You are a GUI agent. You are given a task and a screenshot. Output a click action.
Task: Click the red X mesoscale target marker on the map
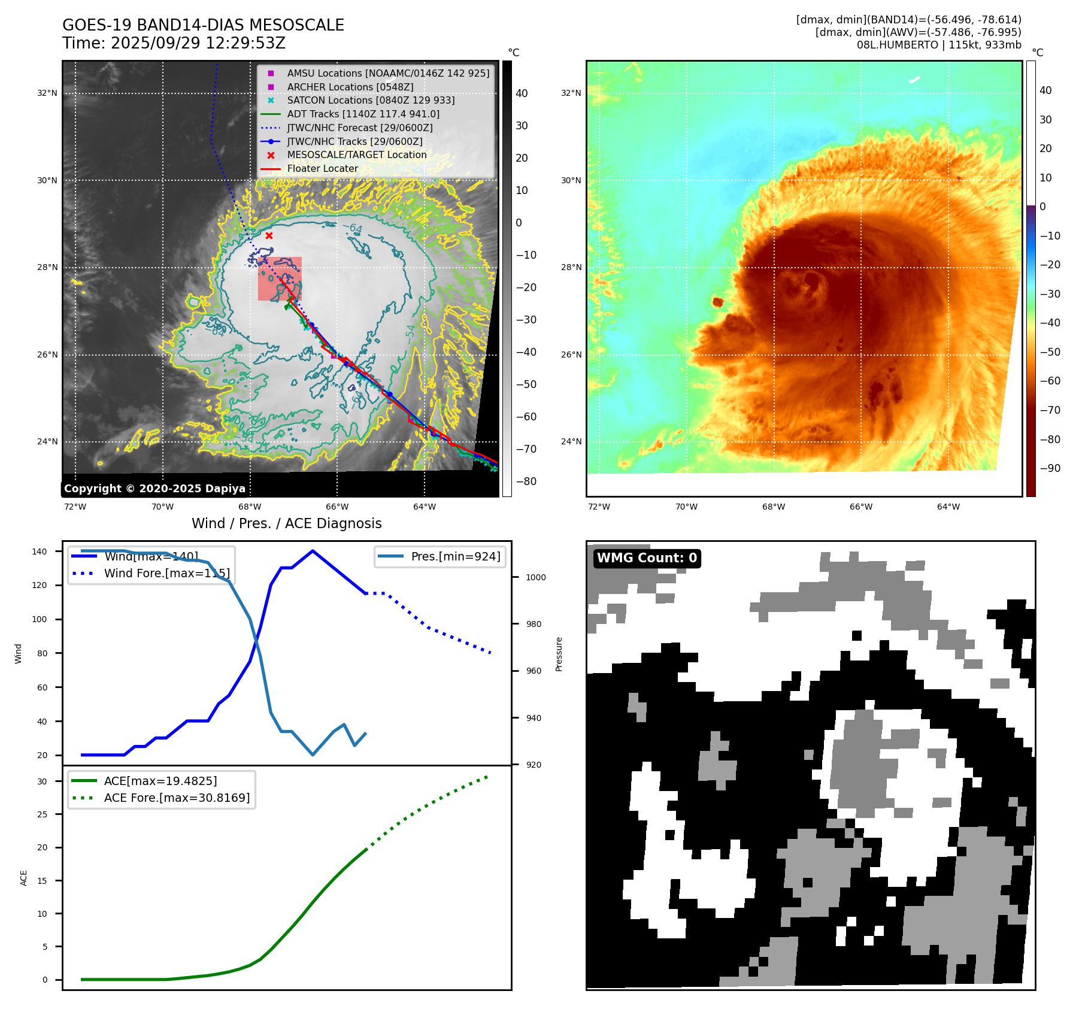pos(269,235)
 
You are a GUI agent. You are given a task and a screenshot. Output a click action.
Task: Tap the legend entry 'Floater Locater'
pos(322,169)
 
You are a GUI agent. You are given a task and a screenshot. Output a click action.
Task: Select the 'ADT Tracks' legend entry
pos(363,114)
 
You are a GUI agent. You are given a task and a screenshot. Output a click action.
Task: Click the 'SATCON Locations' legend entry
pos(371,101)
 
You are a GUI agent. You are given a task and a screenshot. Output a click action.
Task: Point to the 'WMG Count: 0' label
pos(647,558)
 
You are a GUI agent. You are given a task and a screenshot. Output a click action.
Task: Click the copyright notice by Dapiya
pos(154,489)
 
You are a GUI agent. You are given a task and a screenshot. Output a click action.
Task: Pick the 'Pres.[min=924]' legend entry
pos(455,556)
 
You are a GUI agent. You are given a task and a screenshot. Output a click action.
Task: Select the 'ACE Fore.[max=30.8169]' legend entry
pos(177,798)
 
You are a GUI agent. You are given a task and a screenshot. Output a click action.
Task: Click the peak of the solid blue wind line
pos(313,551)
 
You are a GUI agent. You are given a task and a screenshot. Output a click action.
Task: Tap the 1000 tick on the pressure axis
pos(535,577)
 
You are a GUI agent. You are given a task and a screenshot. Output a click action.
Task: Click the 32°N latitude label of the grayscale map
pos(47,93)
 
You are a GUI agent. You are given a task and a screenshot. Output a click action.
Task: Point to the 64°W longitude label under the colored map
pos(948,507)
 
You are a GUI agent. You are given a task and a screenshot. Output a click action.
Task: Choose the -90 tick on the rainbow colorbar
pos(1050,468)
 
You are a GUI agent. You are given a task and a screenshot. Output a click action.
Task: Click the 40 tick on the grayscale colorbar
pos(522,93)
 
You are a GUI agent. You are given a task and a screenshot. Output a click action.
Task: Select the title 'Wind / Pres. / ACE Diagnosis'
pos(286,523)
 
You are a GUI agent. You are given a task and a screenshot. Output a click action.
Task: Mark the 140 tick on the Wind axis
pos(40,552)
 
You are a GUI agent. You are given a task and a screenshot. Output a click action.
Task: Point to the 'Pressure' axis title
pos(559,654)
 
